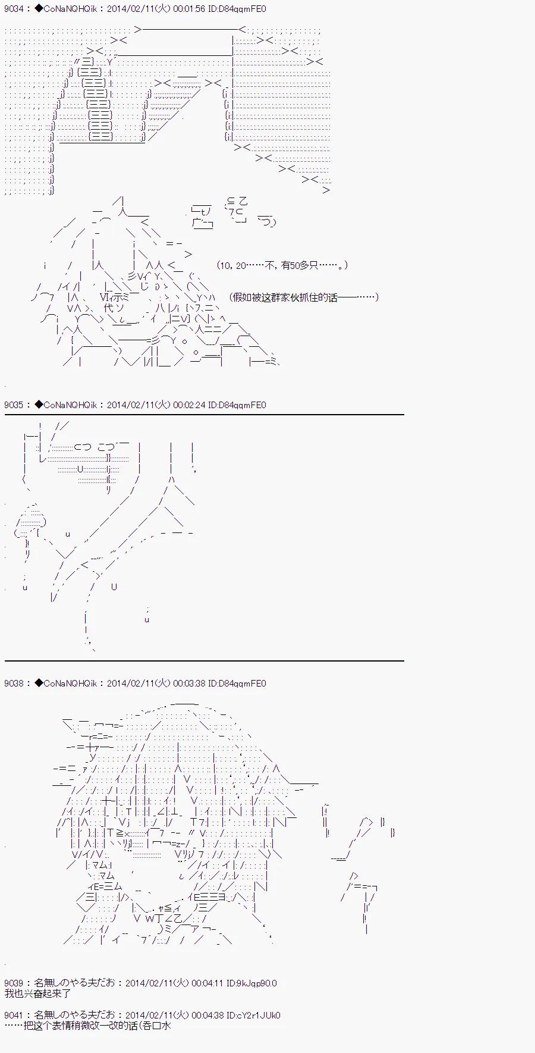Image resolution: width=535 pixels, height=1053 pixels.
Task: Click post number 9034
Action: [x=14, y=9]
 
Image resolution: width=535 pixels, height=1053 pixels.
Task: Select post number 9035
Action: [x=14, y=405]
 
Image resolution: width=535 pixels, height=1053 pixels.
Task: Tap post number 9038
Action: [x=14, y=684]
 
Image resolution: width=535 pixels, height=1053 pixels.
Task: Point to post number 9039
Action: [x=14, y=983]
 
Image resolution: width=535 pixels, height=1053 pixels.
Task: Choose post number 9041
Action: [x=14, y=1016]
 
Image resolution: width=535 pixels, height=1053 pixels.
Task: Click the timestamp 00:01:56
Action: [x=190, y=9]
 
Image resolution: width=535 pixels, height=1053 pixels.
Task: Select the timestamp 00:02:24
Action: [x=190, y=405]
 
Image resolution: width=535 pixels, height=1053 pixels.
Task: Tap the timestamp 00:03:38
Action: [x=190, y=684]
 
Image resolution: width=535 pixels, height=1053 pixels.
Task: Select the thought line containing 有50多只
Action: [x=282, y=265]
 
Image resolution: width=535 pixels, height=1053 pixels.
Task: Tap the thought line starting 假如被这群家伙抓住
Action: [x=303, y=297]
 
